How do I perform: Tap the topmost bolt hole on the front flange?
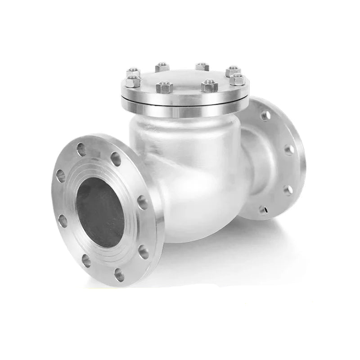(x=81, y=149)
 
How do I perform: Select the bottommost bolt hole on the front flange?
(x=119, y=274)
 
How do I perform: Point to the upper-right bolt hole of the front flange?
(x=116, y=158)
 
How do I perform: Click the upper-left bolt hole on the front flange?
(x=61, y=175)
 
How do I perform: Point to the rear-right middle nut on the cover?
(x=202, y=67)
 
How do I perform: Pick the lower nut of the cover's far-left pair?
(x=132, y=81)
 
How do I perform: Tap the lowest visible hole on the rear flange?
(x=262, y=209)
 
